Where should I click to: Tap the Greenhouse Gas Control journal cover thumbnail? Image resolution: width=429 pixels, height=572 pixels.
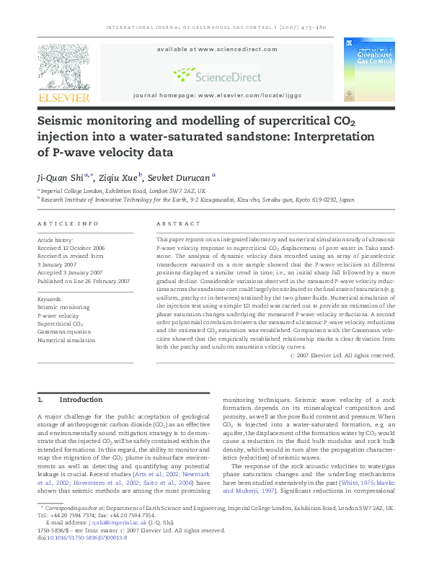point(368,69)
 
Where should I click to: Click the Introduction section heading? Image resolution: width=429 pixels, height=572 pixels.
point(81,399)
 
